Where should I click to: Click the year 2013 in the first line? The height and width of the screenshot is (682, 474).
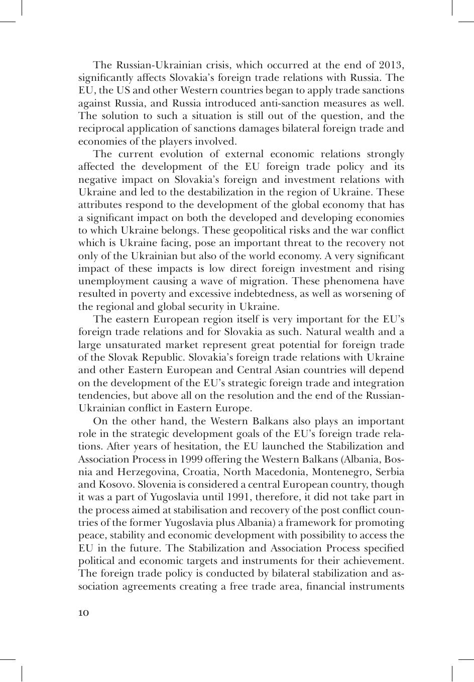pyautogui.click(x=391, y=65)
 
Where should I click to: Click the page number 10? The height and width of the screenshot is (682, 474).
pyautogui.click(x=84, y=613)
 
